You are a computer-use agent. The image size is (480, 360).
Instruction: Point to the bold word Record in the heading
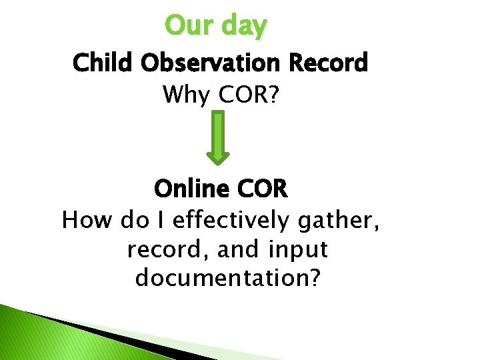[329, 63]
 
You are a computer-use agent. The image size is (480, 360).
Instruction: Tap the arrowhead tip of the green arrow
[218, 162]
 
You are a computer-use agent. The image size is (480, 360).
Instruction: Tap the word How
[87, 219]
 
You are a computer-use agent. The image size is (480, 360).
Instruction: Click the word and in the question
[238, 249]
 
